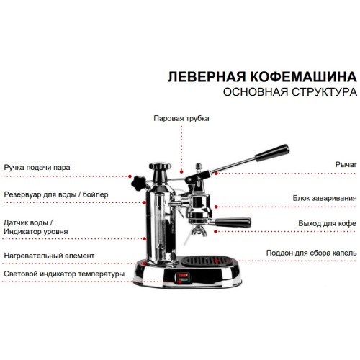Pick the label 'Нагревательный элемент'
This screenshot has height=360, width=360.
[49, 255]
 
